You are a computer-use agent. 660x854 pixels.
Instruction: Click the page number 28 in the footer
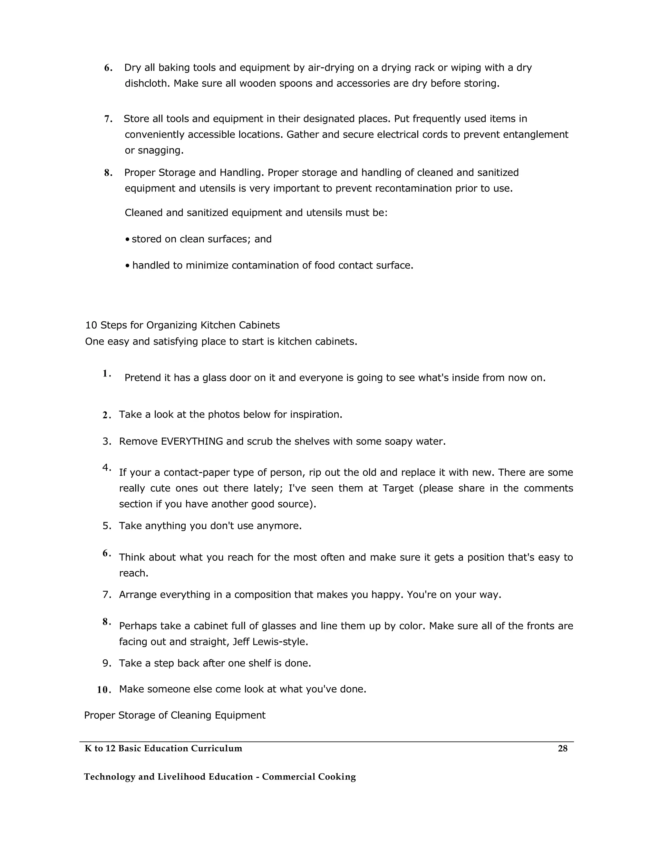point(562,748)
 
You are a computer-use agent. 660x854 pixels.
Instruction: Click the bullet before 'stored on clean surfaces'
point(128,239)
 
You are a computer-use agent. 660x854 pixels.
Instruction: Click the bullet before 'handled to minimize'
point(128,266)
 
